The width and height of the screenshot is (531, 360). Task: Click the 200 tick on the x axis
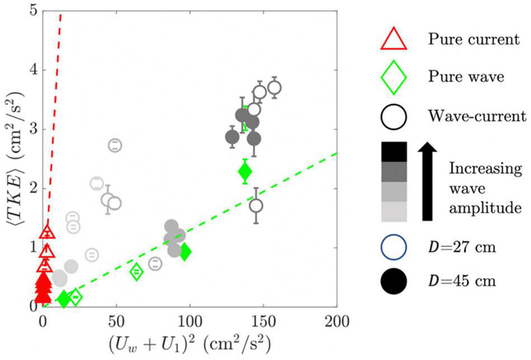337,321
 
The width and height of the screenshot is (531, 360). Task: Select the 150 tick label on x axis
263,321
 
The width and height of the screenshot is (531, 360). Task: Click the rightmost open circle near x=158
274,87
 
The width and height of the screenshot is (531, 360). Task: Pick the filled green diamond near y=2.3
245,171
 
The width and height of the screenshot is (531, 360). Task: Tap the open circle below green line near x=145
256,205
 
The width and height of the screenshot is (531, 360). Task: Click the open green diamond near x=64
137,272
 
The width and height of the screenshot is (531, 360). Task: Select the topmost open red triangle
48,232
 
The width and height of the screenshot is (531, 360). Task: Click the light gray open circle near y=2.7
115,145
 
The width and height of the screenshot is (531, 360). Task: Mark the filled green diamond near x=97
185,252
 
